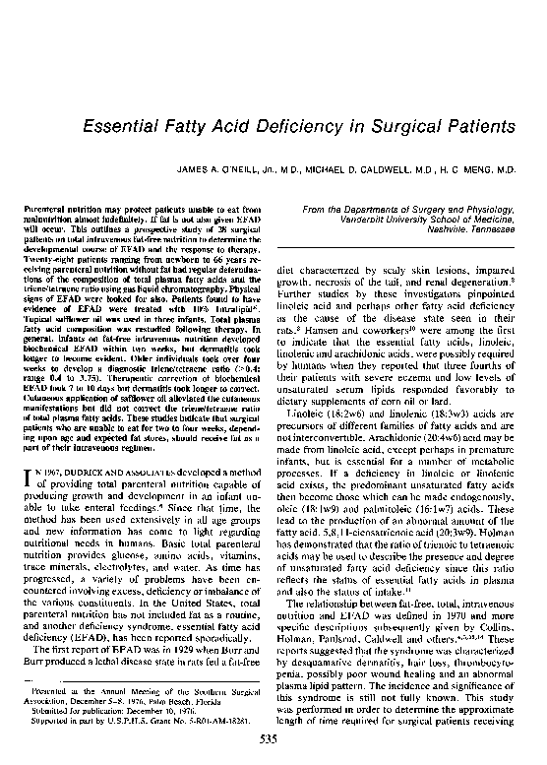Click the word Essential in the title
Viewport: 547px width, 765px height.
(124, 127)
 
